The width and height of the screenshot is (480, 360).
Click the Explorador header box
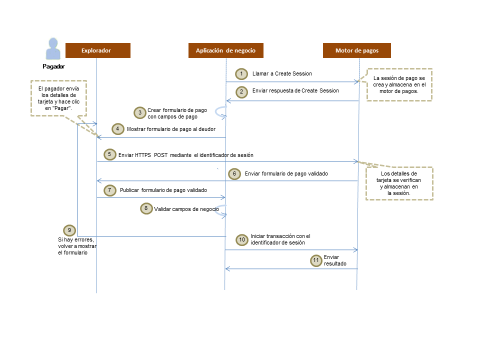[98, 50]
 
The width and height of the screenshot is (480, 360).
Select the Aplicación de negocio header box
[225, 50]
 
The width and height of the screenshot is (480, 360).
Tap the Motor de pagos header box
[356, 50]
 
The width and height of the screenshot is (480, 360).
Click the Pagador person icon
[53, 49]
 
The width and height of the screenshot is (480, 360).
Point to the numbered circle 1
[242, 74]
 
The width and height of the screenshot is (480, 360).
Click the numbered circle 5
[109, 154]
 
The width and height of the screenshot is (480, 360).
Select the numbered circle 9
[70, 230]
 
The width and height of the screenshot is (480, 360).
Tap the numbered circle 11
[315, 260]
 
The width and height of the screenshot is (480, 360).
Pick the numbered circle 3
[140, 112]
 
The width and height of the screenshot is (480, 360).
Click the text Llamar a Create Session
[282, 73]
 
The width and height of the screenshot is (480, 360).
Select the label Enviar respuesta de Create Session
[295, 91]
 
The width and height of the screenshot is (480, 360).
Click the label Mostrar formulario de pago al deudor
[171, 128]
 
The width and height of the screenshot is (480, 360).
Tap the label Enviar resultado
[335, 260]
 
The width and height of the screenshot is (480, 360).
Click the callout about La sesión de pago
[399, 85]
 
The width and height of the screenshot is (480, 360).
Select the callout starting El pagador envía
[58, 98]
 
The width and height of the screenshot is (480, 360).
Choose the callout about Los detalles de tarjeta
[398, 183]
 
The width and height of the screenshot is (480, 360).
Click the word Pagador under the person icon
[53, 66]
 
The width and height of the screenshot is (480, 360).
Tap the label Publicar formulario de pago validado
[163, 190]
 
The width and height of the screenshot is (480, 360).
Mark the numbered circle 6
[235, 173]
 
